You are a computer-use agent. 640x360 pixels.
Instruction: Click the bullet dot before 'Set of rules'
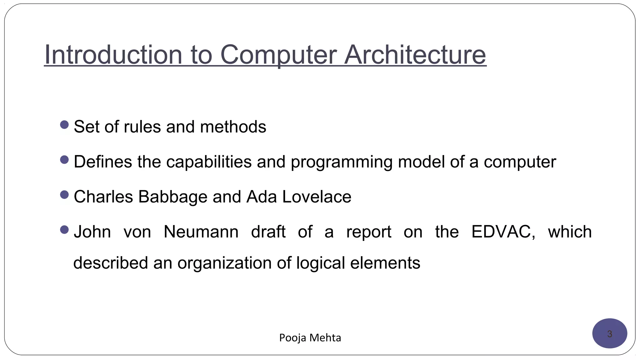(x=64, y=125)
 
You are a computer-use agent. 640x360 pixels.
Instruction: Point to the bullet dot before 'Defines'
(x=64, y=160)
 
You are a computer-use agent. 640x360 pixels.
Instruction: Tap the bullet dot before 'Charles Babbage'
(x=64, y=195)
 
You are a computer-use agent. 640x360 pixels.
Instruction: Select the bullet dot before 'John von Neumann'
(x=64, y=230)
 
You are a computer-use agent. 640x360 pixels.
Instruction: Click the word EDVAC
(x=503, y=232)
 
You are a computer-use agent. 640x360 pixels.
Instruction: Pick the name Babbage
(x=173, y=197)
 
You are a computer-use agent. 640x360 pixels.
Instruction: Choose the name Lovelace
(x=317, y=197)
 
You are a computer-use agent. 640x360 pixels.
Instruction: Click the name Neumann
(x=201, y=232)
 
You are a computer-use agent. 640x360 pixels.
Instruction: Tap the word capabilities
(x=209, y=162)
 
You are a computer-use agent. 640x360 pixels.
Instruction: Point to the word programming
(x=341, y=162)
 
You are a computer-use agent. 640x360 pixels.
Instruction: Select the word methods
(x=233, y=127)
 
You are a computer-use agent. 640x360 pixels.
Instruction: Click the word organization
(x=224, y=263)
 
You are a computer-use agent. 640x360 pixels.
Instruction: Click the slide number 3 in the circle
(x=609, y=334)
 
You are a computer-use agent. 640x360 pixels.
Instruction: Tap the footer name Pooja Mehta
(x=310, y=338)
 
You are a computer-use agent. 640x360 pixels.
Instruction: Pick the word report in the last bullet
(x=369, y=232)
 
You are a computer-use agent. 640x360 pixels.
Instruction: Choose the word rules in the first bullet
(x=142, y=127)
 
